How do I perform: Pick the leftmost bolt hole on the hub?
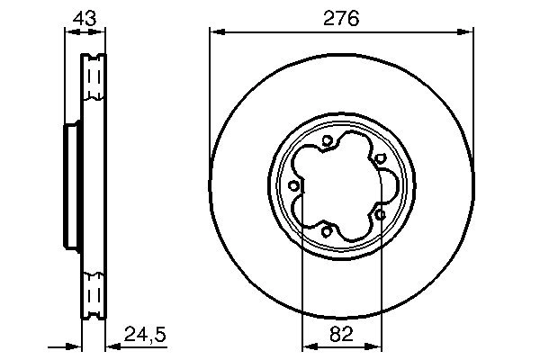(293, 185)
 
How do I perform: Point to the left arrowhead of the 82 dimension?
(306, 346)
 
